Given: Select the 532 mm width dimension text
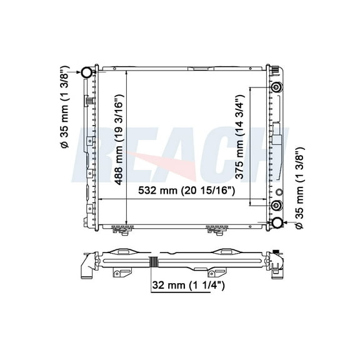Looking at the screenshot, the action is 186,191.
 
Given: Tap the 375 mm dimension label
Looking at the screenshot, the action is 240,137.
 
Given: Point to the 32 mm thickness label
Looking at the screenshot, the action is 188,286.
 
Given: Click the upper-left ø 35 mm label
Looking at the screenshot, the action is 64,107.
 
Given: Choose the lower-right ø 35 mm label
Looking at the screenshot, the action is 299,187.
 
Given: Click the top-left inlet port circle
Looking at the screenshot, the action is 86,72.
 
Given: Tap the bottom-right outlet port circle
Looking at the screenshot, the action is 276,222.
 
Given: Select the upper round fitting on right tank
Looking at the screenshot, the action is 276,87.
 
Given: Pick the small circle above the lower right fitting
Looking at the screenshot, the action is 279,192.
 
